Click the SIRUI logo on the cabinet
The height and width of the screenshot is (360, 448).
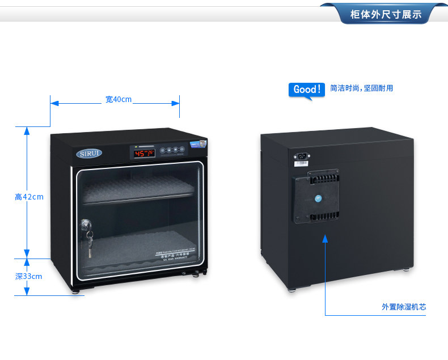click(x=90, y=154)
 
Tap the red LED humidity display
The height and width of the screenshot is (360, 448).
click(x=144, y=153)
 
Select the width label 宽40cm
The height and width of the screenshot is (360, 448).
click(x=118, y=100)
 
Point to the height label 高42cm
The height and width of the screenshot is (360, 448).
click(x=29, y=197)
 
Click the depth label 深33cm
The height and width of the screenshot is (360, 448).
click(x=28, y=276)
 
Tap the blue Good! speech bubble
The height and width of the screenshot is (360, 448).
click(x=307, y=90)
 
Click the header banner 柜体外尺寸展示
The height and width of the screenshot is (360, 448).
click(x=386, y=14)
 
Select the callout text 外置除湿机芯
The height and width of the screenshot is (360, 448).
click(x=404, y=307)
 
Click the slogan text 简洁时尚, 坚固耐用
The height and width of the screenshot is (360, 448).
click(x=361, y=88)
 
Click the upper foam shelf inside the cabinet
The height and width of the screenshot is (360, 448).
click(x=139, y=187)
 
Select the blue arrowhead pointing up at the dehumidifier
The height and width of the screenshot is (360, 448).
click(x=326, y=239)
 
